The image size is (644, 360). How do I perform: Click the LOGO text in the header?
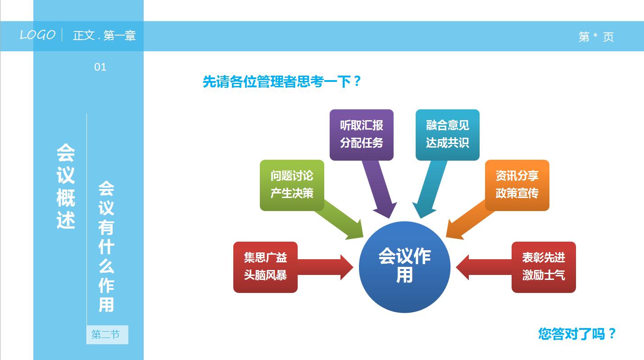(38, 35)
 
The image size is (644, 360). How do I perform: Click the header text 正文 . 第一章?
(104, 36)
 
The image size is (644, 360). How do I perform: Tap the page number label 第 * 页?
(596, 37)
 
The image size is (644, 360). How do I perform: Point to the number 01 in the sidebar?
(100, 67)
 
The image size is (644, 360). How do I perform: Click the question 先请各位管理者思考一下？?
(282, 82)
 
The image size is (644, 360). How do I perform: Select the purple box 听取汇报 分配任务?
(361, 135)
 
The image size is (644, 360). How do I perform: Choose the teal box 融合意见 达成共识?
(447, 135)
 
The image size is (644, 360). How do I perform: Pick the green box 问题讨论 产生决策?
(292, 185)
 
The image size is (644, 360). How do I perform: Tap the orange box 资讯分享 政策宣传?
(517, 185)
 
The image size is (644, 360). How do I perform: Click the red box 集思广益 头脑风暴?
(265, 267)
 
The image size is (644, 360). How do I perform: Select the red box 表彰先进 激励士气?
(544, 267)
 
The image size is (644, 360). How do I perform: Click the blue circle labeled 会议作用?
(404, 266)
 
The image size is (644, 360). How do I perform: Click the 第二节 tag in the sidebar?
(107, 335)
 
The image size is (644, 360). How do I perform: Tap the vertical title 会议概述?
(66, 187)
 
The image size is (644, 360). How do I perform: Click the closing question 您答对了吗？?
(577, 334)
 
